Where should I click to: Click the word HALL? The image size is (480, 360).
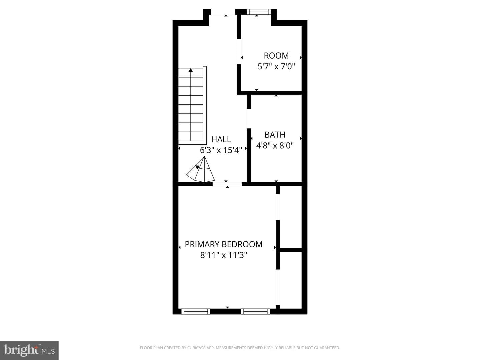coord(221,139)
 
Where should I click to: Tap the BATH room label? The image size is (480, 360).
coord(275,135)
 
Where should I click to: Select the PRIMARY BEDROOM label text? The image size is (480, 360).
coord(223,244)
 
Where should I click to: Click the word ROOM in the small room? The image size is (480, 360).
coord(276,56)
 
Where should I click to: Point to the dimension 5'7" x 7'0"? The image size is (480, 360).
coord(276,66)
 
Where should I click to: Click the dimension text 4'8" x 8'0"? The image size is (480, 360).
coord(275,145)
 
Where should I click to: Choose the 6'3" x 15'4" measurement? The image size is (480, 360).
coord(221,150)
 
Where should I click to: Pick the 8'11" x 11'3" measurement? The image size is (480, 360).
coord(223,255)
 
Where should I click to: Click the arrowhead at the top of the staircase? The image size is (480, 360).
coord(191,70)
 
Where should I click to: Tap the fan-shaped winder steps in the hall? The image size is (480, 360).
coord(200,169)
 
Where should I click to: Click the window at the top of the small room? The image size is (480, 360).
coord(259,12)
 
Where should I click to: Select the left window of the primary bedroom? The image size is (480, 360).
coord(196,311)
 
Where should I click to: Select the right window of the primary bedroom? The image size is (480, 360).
coord(255,311)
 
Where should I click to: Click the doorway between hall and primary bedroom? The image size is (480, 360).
coord(227,184)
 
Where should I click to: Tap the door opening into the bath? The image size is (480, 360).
coord(249,118)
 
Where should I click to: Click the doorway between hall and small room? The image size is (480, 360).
coord(239,52)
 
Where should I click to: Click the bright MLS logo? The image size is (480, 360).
coord(29,350)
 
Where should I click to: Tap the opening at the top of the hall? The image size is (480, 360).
coord(223,12)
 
